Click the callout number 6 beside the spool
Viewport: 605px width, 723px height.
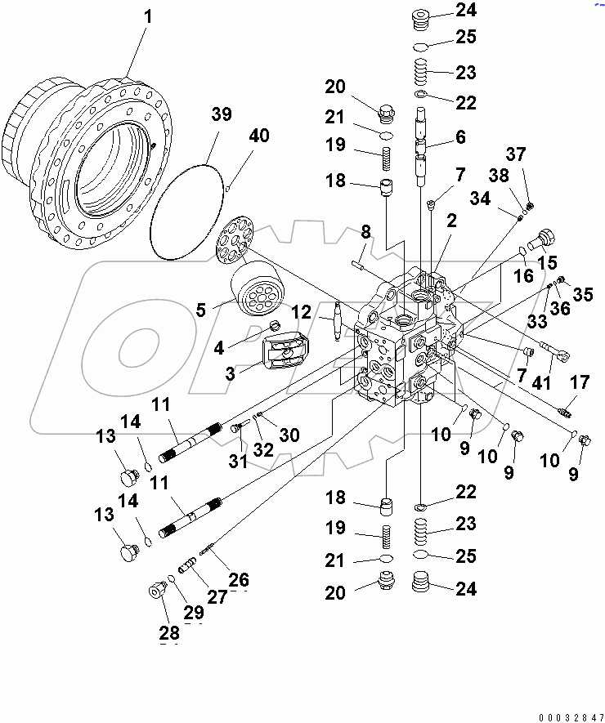coord(460,138)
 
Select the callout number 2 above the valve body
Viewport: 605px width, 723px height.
coord(451,220)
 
